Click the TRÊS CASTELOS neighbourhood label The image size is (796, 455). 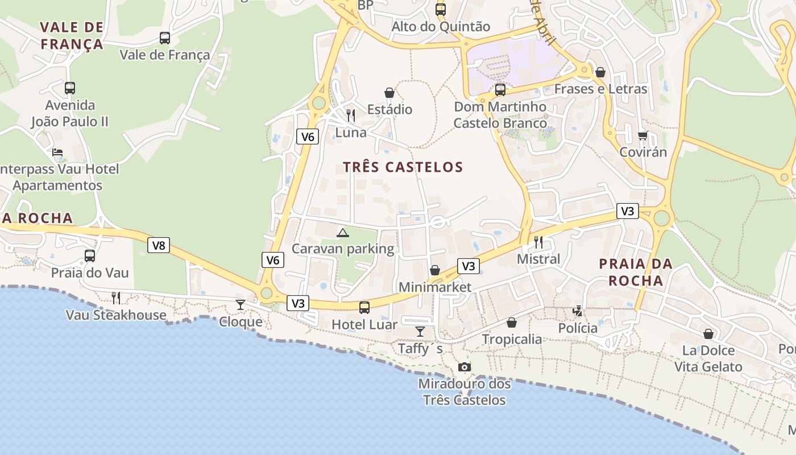click(x=403, y=167)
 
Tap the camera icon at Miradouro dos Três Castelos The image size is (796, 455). click(x=465, y=367)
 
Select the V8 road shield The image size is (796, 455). click(x=159, y=246)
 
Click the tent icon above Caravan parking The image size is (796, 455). click(x=342, y=232)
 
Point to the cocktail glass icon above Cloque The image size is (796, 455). click(x=241, y=305)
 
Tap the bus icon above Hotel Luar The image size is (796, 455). click(x=364, y=308)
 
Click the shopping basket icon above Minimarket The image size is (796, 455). click(x=435, y=270)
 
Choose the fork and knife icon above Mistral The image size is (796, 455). click(x=538, y=242)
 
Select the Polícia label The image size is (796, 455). click(x=578, y=328)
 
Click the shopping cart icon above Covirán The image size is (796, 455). click(x=642, y=135)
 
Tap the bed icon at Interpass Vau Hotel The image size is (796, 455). click(x=57, y=152)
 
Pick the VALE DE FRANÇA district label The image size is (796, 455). click(x=72, y=35)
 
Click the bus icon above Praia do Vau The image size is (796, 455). click(x=90, y=256)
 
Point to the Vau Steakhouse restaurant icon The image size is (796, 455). click(x=116, y=297)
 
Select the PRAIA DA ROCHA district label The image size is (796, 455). click(x=636, y=272)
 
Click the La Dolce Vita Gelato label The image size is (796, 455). click(x=708, y=358)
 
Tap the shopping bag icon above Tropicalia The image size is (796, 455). click(x=512, y=322)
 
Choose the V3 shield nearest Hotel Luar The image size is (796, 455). click(x=298, y=303)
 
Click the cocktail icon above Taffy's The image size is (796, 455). click(x=420, y=331)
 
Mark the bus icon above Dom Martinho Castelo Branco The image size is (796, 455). click(x=500, y=90)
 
